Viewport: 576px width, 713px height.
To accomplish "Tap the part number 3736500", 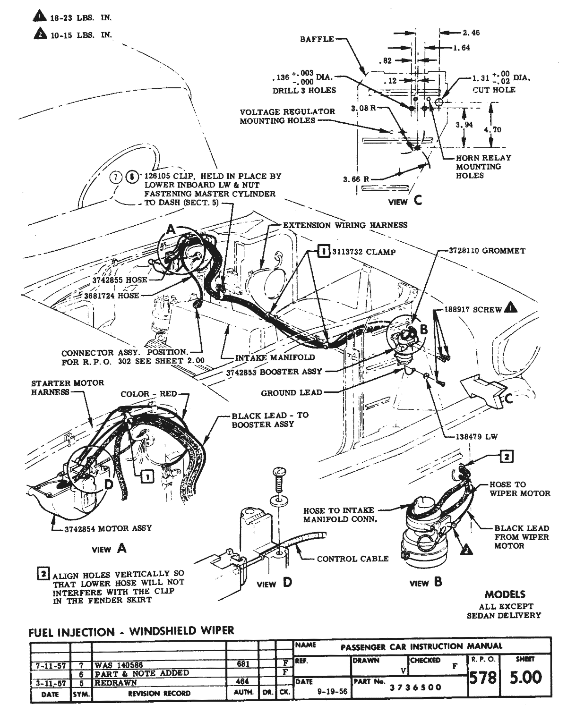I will point(415,687).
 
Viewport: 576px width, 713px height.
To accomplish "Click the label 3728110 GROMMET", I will point(487,251).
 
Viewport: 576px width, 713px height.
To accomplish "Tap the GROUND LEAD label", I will point(292,392).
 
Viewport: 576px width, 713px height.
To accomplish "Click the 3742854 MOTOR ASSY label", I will point(108,528).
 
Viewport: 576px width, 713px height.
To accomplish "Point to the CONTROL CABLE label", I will point(352,559).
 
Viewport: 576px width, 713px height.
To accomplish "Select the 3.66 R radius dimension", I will point(356,179).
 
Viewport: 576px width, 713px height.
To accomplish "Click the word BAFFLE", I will point(317,39).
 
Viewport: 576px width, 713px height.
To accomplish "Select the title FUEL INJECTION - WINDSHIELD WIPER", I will point(131,631).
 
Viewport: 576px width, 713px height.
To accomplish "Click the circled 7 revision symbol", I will point(116,177).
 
